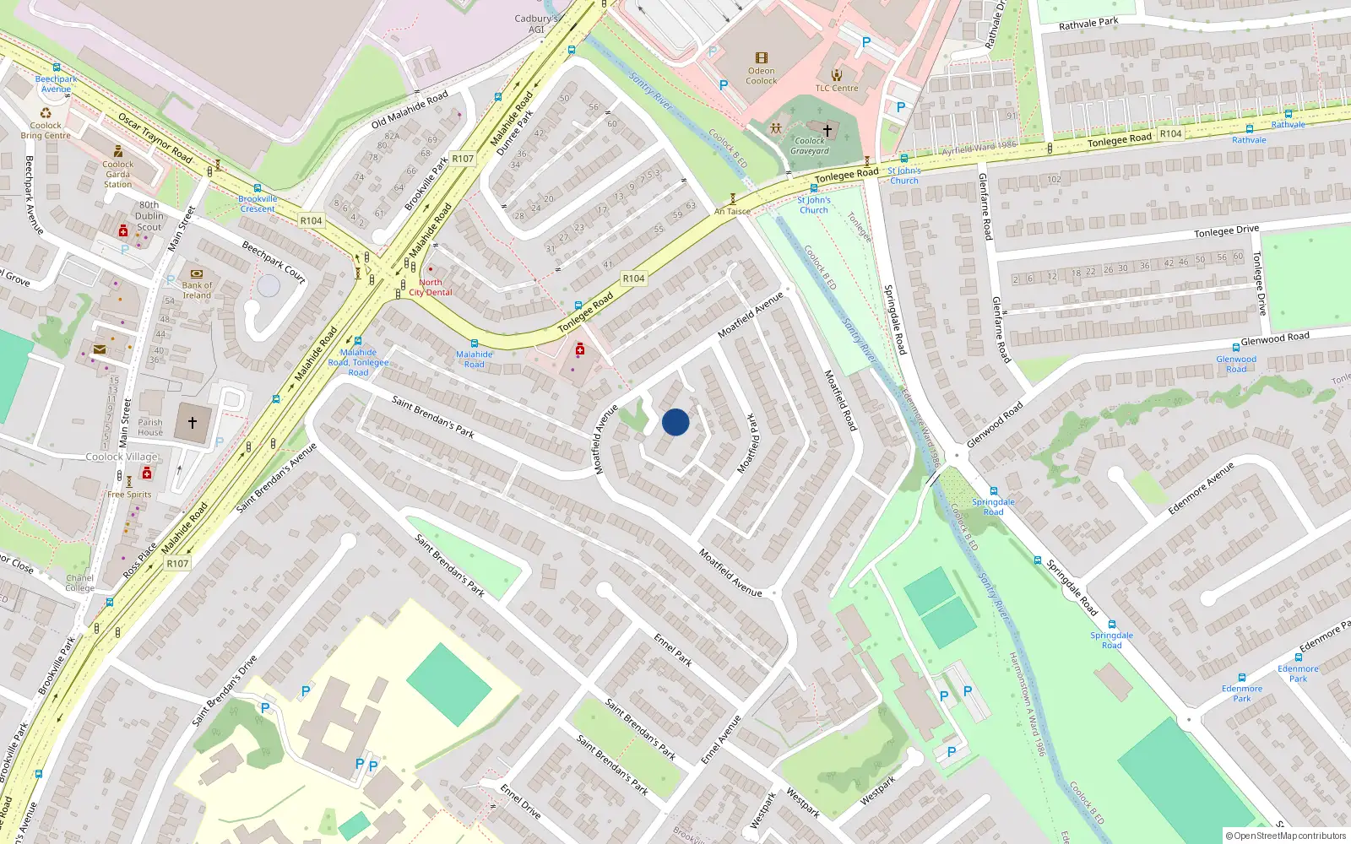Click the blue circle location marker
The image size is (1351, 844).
pos(675,422)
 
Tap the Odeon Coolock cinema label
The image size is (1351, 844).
pos(762,76)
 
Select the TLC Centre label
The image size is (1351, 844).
pos(836,88)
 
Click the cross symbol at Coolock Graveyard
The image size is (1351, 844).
pos(827,130)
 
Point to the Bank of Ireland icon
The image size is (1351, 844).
pos(197,274)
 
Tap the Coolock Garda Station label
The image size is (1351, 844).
pos(118,174)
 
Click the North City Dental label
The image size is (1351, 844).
pos(431,288)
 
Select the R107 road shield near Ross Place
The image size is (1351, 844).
pos(177,564)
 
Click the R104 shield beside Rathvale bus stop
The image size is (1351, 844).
pos(1170,133)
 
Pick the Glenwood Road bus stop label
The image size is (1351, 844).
pos(1236,364)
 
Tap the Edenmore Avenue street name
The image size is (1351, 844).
pos(1202,488)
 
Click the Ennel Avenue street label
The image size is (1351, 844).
pos(721,739)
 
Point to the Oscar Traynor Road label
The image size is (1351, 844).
pos(155,138)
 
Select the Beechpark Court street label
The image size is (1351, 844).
pos(274,262)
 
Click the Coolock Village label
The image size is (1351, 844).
pos(122,457)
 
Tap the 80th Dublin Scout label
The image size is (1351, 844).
pos(149,216)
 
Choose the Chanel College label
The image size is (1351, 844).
pos(80,583)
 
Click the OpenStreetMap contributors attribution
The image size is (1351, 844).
pos(1286,836)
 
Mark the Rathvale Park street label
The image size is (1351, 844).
pos(1088,24)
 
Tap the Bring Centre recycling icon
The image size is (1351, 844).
pos(46,113)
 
